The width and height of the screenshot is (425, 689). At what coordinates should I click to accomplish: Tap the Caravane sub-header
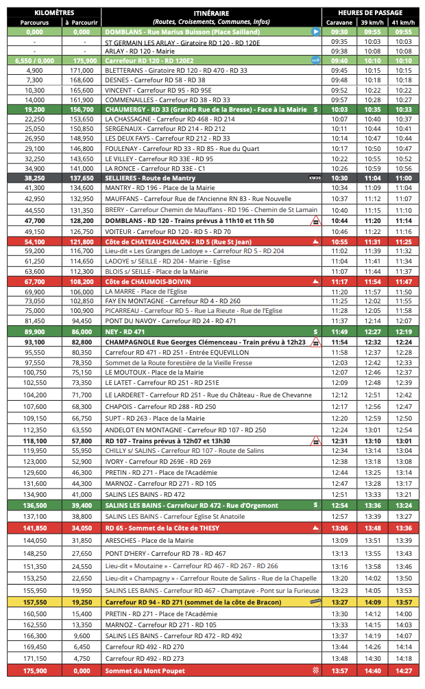[x=339, y=23]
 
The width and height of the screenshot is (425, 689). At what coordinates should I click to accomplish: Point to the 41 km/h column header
[x=403, y=23]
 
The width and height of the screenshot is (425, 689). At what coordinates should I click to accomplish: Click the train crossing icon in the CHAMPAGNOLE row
[x=316, y=342]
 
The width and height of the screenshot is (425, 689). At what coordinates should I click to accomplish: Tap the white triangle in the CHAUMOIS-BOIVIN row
[x=315, y=281]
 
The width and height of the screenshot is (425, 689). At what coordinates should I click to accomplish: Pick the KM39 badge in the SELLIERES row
[x=315, y=178]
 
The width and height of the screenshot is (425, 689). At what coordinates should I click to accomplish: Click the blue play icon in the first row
[x=315, y=32]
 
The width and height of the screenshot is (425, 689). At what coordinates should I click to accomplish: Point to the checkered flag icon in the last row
[x=315, y=670]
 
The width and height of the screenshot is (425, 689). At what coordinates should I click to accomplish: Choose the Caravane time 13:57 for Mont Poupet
[x=339, y=670]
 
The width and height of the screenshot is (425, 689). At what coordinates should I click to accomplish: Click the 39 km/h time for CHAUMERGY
[x=372, y=109]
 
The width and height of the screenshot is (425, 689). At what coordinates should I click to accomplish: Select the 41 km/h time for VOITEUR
[x=403, y=231]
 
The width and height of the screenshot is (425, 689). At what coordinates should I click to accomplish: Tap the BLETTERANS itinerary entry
[x=176, y=70]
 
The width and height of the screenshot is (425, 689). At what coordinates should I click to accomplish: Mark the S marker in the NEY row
[x=315, y=331]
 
